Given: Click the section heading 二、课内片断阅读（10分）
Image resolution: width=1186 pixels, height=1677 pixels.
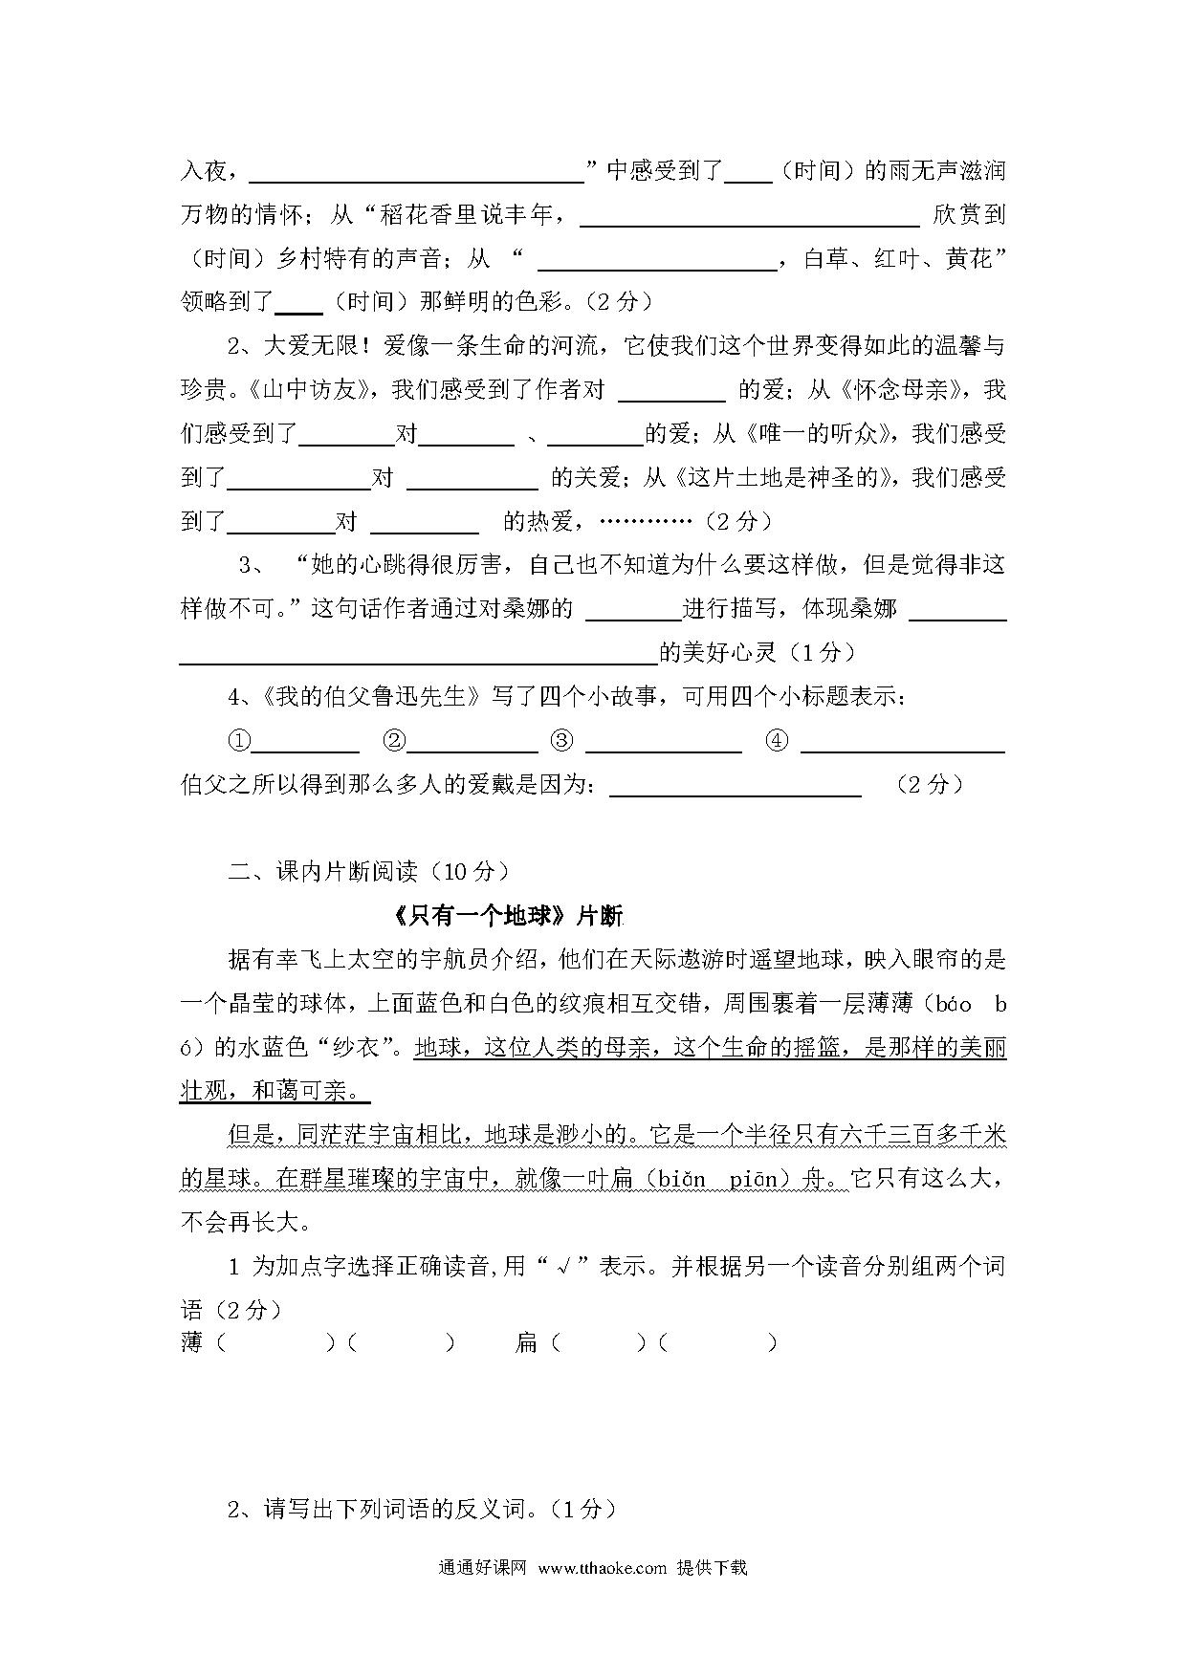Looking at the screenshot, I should (x=368, y=871).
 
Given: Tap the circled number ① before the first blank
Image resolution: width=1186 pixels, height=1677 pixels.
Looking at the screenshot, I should (x=238, y=741).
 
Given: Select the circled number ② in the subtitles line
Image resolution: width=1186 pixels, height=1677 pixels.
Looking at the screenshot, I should (x=393, y=741).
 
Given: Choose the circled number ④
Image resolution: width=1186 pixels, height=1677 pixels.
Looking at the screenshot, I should (x=777, y=741).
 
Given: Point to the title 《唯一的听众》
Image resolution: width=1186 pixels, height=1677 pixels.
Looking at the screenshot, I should (x=820, y=434).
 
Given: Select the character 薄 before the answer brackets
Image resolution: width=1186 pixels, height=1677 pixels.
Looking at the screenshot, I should (x=191, y=1342).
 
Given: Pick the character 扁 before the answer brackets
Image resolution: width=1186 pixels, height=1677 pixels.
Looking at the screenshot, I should (x=526, y=1342).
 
